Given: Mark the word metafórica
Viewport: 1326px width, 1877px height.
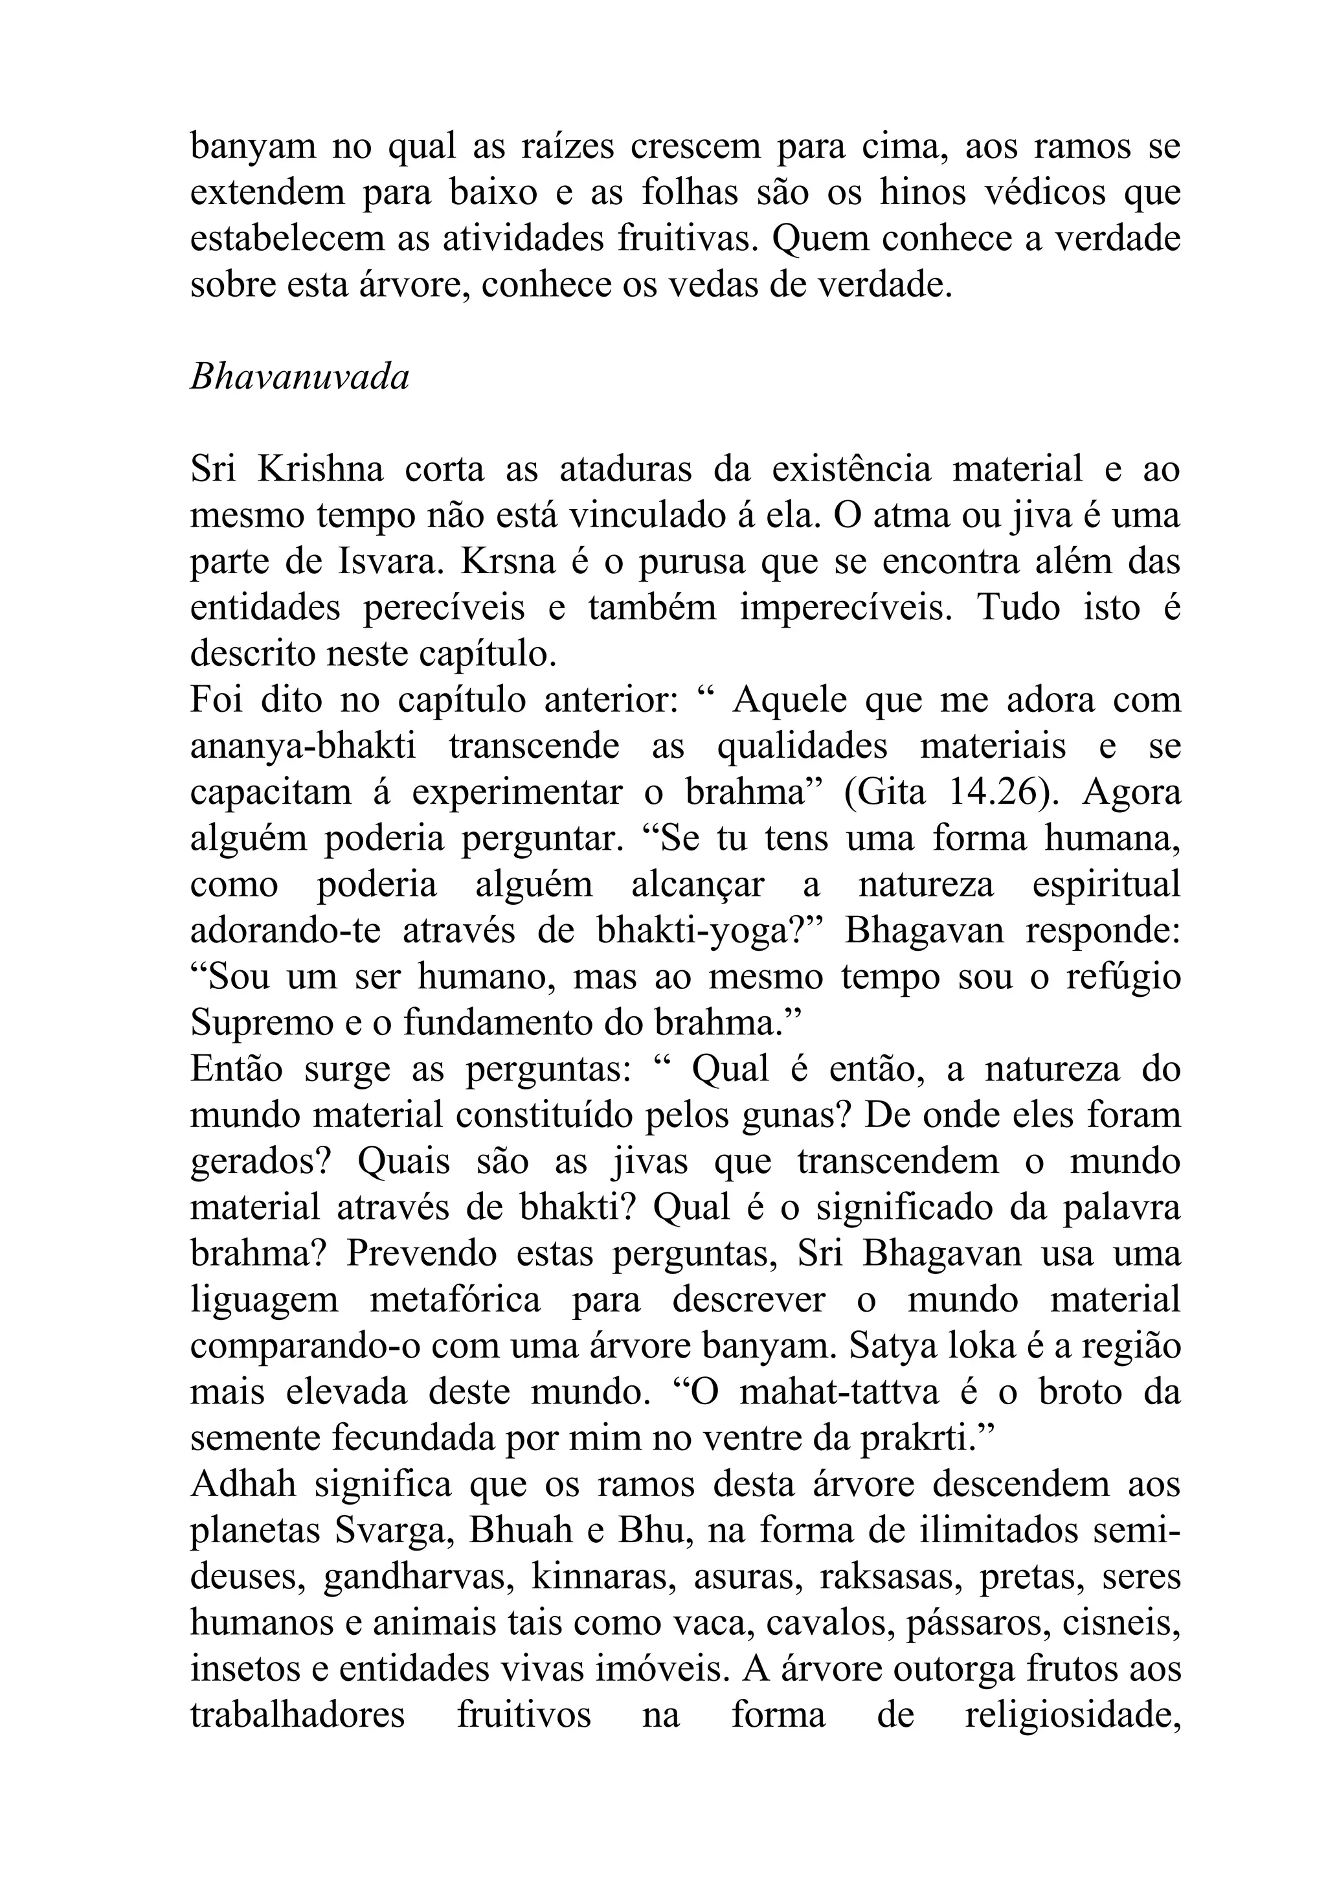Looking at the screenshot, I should click(455, 1299).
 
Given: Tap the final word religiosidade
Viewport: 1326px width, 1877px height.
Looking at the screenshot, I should click(1073, 1714).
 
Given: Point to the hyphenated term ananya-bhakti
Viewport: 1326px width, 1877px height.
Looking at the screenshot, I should click(303, 746).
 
